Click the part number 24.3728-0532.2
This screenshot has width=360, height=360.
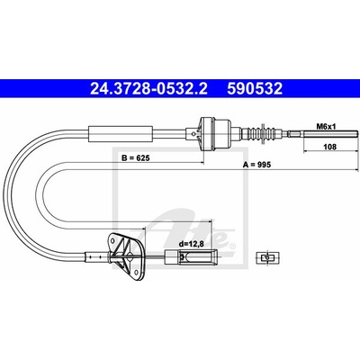click(x=148, y=88)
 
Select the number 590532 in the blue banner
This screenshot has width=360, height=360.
click(x=255, y=88)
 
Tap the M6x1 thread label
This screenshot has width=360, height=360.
click(x=326, y=127)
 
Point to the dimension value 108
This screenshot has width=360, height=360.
click(x=330, y=147)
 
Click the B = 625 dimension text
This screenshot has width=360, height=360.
click(x=135, y=157)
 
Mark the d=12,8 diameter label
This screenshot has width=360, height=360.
click(x=192, y=244)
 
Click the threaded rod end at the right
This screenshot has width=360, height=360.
click(x=330, y=134)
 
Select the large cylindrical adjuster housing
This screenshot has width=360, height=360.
click(x=216, y=133)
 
